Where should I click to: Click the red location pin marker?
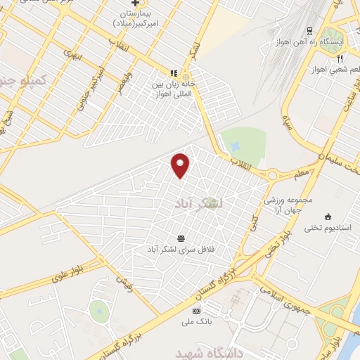[x=181, y=165]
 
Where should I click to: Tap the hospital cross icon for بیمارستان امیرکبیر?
[x=135, y=4]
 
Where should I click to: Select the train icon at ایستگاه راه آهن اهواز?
[x=309, y=30]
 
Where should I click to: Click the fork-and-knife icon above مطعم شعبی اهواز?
[x=340, y=58]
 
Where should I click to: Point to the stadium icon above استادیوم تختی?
[x=327, y=216]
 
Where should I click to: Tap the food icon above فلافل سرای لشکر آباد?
[x=181, y=238]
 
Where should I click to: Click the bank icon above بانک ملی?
[x=196, y=311]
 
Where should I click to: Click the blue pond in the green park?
[x=235, y=145]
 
